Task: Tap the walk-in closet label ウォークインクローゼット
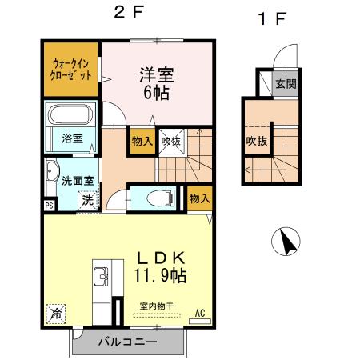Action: tap(70, 67)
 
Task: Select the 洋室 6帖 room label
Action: tap(158, 82)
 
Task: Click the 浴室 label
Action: tap(72, 138)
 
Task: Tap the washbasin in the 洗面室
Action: tap(52, 170)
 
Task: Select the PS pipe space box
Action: tap(50, 205)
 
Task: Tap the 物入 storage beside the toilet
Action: tap(199, 197)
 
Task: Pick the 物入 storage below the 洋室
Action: tap(142, 140)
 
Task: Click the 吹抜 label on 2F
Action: tap(170, 141)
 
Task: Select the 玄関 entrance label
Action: tap(286, 82)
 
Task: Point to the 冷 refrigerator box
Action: tap(56, 314)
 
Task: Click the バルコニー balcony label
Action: tap(128, 342)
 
